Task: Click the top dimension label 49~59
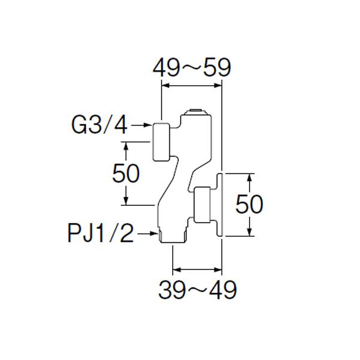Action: tap(191, 68)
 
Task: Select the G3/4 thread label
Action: tap(100, 125)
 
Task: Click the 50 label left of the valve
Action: tap(126, 173)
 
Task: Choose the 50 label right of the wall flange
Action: tap(249, 205)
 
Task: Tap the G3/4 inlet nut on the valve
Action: tap(162, 142)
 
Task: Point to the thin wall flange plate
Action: tap(220, 205)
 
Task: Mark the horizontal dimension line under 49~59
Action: tap(192, 85)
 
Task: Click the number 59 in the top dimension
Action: tap(217, 68)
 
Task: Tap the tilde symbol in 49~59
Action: tap(191, 68)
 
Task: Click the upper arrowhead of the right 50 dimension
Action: tap(249, 176)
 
